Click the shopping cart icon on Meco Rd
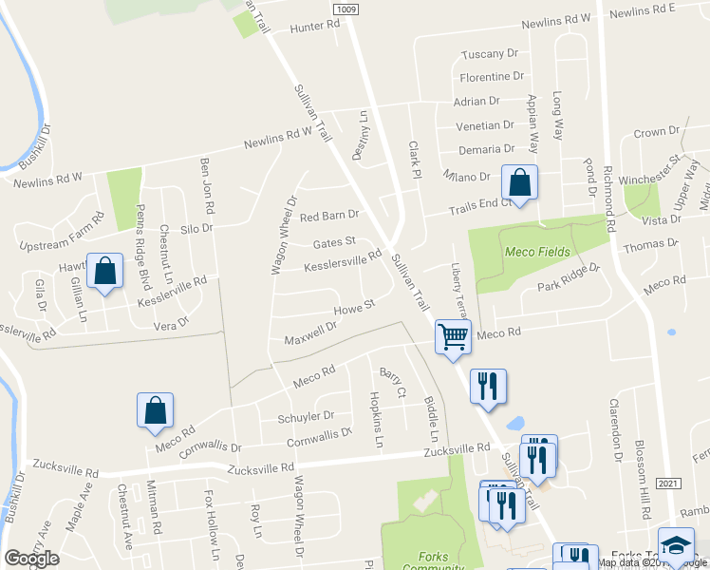click(x=454, y=335)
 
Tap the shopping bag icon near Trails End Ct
click(x=520, y=180)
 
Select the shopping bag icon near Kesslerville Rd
click(x=104, y=271)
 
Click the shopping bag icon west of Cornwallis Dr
click(x=155, y=409)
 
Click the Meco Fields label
click(x=538, y=252)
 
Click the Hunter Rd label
click(x=315, y=28)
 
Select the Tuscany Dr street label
click(x=489, y=54)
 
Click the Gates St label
click(x=334, y=242)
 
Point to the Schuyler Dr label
click(x=306, y=416)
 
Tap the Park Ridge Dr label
click(x=569, y=277)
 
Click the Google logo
click(x=31, y=559)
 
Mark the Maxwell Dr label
click(x=310, y=333)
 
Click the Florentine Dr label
click(x=492, y=76)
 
